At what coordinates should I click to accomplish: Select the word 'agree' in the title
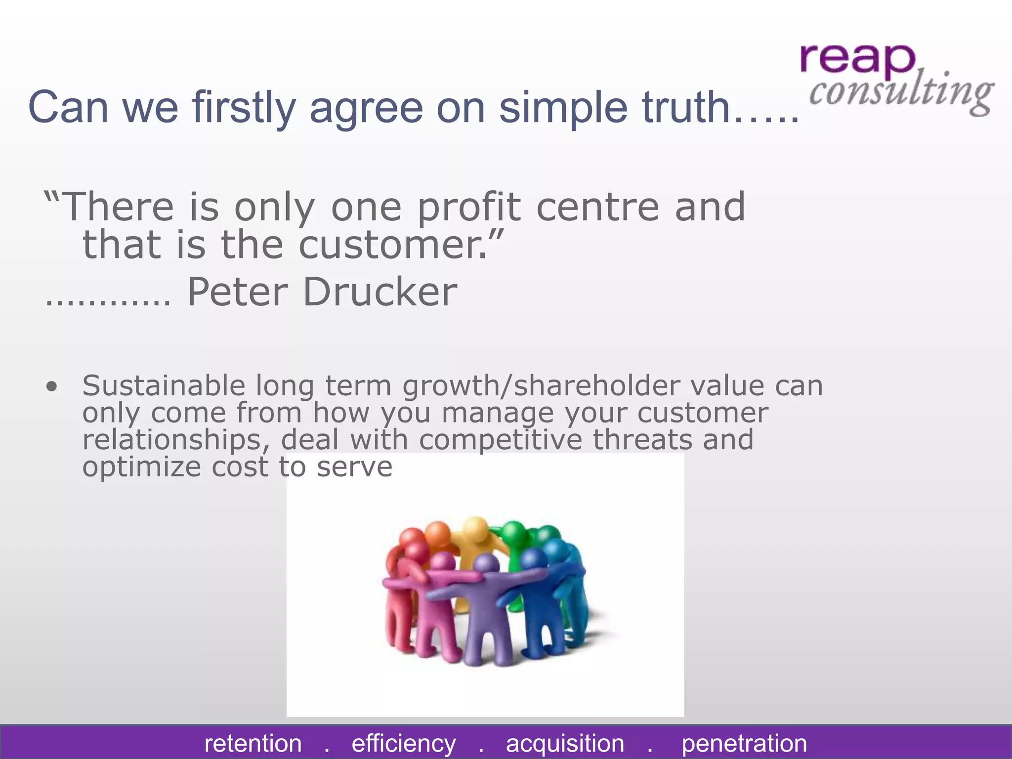point(366,107)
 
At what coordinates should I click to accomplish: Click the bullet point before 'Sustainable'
point(51,386)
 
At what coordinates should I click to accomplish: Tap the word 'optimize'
point(142,467)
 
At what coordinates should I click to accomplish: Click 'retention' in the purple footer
point(253,743)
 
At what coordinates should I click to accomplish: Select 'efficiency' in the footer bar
point(404,743)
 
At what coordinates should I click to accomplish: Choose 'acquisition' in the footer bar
point(565,743)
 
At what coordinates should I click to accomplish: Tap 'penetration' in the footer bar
point(744,743)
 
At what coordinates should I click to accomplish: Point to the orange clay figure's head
point(437,534)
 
